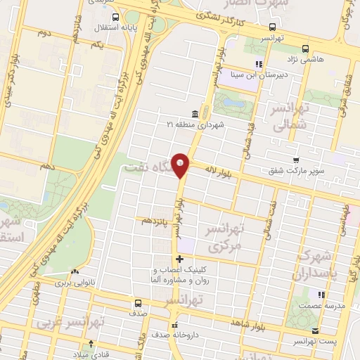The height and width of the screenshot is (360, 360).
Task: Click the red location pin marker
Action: point(181,165)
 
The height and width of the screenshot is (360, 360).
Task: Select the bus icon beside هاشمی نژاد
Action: point(304,49)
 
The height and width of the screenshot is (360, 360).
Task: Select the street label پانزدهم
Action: point(156,221)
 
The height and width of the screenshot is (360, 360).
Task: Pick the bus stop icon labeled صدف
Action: point(138,305)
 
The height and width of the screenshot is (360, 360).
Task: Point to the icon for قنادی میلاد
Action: point(89,345)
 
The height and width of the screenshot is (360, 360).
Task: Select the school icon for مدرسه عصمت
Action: point(321,294)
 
